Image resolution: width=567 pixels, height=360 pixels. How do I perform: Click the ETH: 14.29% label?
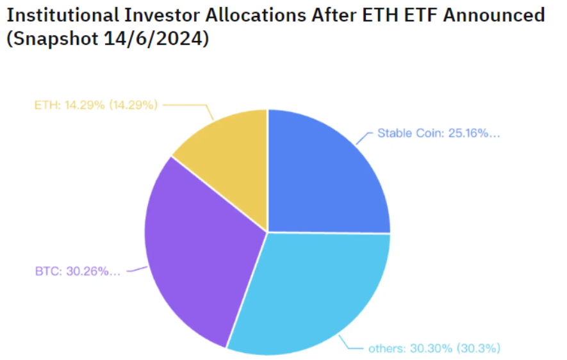coord(95,104)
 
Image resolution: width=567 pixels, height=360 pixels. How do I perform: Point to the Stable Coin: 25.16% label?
coord(438,134)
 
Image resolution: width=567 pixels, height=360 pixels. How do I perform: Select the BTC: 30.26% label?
coord(78,271)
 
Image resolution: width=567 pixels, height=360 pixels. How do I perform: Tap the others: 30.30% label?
coord(434,348)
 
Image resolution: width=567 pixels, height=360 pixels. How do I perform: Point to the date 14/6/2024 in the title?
coord(153,38)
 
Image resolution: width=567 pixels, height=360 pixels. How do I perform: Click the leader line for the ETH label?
coord(192,105)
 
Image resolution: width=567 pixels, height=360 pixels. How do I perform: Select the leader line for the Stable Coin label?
coord(365,136)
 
